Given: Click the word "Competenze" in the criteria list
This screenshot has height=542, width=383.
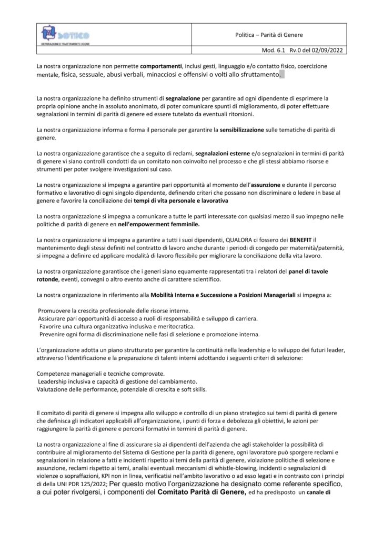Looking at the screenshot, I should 55,373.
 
